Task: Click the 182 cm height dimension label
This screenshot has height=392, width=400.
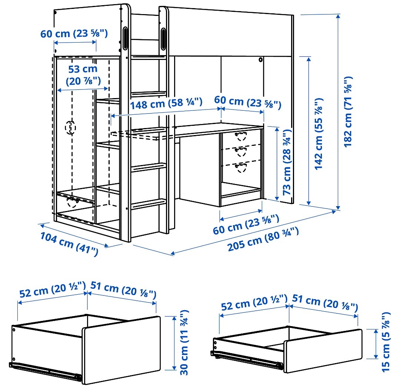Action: tap(349, 112)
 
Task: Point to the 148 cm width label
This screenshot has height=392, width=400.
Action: tap(166, 103)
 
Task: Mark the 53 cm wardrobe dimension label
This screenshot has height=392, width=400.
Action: tap(83, 74)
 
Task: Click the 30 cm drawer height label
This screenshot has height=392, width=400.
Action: tap(184, 342)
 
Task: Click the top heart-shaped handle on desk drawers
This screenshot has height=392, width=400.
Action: tap(241, 135)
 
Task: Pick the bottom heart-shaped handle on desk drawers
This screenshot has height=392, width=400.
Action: tap(241, 168)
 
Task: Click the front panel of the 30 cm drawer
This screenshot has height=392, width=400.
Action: tap(120, 350)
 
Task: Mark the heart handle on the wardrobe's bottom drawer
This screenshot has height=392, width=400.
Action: tap(71, 202)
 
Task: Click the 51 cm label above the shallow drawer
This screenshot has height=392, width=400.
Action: tap(324, 302)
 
